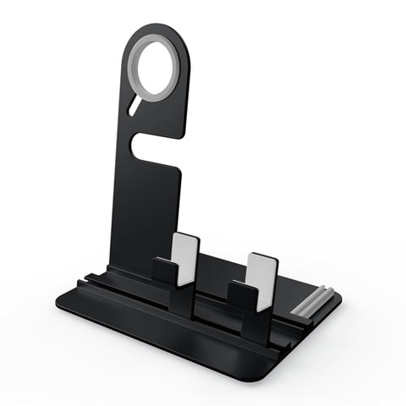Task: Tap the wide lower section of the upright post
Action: point(144,211)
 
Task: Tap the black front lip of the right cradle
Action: point(242,296)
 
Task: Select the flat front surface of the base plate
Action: point(169,334)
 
